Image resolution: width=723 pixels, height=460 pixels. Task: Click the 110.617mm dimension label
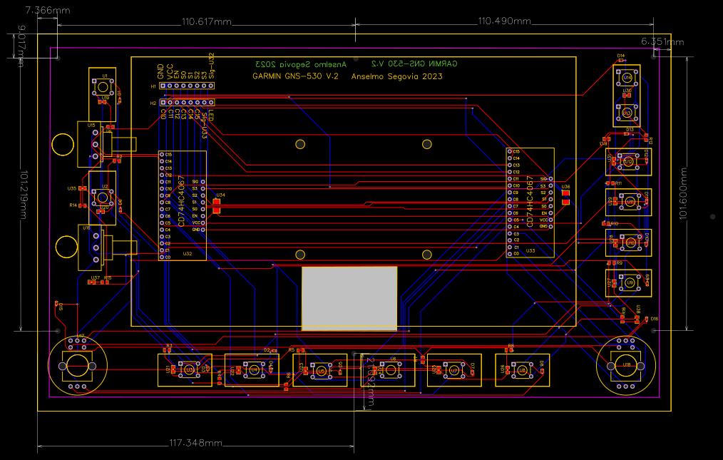[207, 22]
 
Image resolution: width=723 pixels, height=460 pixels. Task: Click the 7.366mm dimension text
[47, 11]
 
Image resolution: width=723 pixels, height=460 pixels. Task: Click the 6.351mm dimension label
[662, 41]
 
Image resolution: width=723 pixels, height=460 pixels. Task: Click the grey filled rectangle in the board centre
[349, 298]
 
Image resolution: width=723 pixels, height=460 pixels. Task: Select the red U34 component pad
[217, 207]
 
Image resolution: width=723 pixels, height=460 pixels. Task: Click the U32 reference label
[188, 253]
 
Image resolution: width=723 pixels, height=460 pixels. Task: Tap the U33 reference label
[530, 250]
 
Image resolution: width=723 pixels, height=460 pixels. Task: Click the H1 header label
[153, 86]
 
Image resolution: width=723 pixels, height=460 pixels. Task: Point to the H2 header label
[153, 103]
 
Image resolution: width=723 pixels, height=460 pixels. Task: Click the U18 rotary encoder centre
[626, 365]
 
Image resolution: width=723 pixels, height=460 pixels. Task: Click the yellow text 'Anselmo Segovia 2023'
[397, 76]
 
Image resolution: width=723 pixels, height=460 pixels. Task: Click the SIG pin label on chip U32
[195, 182]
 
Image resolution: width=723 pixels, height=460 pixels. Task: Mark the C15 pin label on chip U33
[516, 152]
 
